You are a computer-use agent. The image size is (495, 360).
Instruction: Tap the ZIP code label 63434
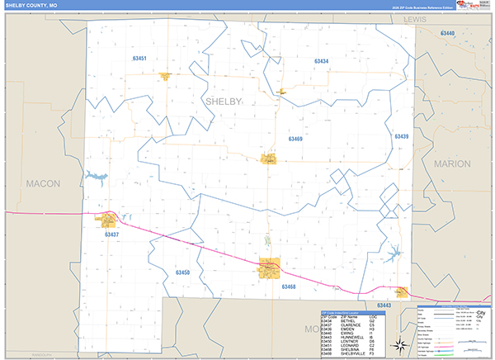pyautogui.click(x=321, y=62)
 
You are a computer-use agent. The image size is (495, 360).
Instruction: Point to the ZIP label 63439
pyautogui.click(x=402, y=136)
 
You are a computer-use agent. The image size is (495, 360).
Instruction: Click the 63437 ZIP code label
pyautogui.click(x=112, y=234)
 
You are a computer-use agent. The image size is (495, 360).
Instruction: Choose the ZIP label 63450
pyautogui.click(x=182, y=272)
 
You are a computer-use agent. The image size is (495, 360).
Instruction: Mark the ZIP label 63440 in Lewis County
pyautogui.click(x=447, y=33)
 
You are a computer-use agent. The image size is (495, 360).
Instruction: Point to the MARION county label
pyautogui.click(x=452, y=164)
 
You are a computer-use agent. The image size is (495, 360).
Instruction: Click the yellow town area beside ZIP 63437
pyautogui.click(x=108, y=220)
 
